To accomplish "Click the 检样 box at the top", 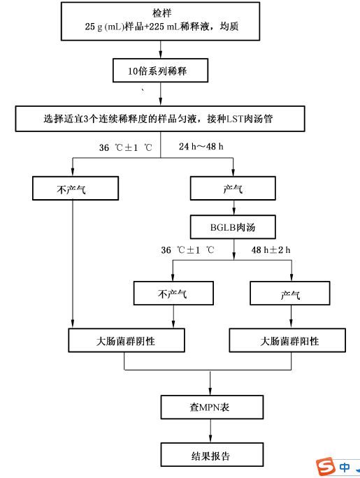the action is [x=160, y=21].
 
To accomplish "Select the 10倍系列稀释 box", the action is [x=160, y=71].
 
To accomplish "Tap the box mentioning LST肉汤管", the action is [x=160, y=119].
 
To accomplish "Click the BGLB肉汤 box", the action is [x=233, y=227].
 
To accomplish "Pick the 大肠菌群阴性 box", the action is [x=127, y=340].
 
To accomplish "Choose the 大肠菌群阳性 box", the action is [x=287, y=340].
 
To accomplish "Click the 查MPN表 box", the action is [x=212, y=407].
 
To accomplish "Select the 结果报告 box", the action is [x=212, y=454].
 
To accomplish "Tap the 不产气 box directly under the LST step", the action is [x=75, y=188].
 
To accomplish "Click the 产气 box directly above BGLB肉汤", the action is [x=233, y=188].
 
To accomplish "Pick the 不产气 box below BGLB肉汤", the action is [x=173, y=293].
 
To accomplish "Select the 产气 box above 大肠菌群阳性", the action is [x=290, y=293].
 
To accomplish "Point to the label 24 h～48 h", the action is [x=201, y=147].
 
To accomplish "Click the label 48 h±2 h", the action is [x=271, y=250].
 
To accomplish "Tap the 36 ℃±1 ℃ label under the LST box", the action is [x=126, y=147].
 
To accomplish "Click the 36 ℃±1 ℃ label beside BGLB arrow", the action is [x=188, y=250].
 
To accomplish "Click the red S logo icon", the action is [x=325, y=466].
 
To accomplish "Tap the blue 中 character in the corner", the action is [x=345, y=467].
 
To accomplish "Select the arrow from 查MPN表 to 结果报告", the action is [x=210, y=431].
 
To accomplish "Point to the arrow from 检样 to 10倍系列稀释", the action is [x=160, y=50].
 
